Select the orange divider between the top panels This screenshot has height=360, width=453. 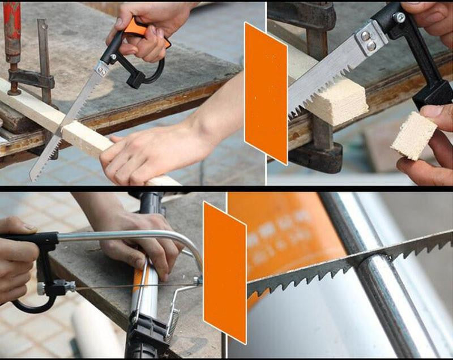[x=266, y=91]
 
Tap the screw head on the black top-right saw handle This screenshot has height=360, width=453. [x=400, y=18]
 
